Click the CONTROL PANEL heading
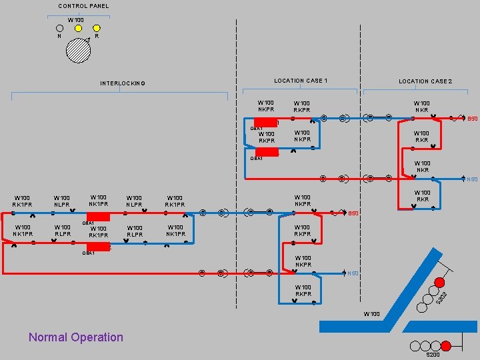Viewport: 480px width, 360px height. point(83,6)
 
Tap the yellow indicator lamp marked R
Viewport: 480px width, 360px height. point(97,28)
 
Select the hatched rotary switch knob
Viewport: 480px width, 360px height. point(78,51)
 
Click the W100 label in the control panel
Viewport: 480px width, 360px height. point(75,20)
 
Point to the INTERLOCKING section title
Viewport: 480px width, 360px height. point(123,83)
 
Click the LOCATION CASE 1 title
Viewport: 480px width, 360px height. point(300,81)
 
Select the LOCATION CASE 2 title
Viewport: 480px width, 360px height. point(425,81)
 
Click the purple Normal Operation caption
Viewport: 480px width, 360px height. point(76,337)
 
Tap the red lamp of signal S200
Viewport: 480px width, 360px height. point(446,345)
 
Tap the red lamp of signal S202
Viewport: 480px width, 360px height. point(439,281)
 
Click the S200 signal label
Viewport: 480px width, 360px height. point(433,355)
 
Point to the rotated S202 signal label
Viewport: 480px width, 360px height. point(441,298)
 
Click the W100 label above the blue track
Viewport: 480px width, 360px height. point(371,313)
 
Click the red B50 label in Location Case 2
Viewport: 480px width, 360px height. point(472,119)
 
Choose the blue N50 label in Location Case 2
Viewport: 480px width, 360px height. point(472,179)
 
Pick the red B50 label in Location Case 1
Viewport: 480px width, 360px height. point(353,213)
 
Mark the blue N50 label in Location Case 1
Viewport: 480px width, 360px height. point(353,273)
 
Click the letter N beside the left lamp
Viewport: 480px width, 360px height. point(59,36)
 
